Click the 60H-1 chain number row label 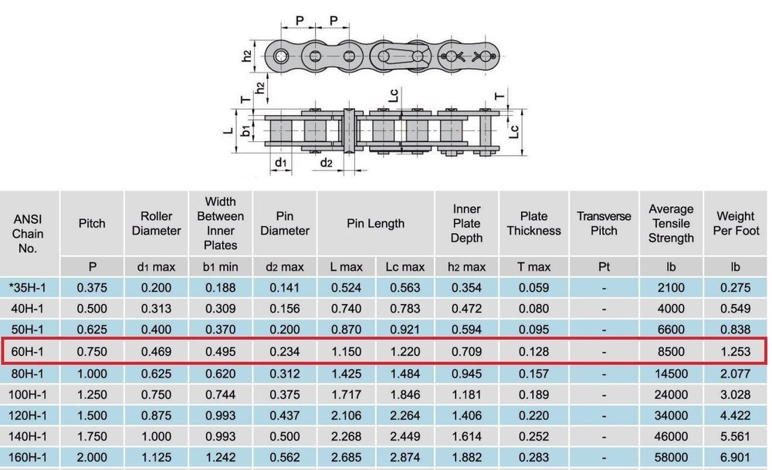29,351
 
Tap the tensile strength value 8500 670,351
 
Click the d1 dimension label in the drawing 282,163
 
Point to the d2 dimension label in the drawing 327,163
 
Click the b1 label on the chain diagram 245,130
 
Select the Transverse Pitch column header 604,223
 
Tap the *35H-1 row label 29,288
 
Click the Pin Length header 375,223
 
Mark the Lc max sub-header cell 405,267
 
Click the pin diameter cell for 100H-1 284,394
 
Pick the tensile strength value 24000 670,394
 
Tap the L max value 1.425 346,372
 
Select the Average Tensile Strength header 670,223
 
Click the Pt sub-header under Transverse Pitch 604,267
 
